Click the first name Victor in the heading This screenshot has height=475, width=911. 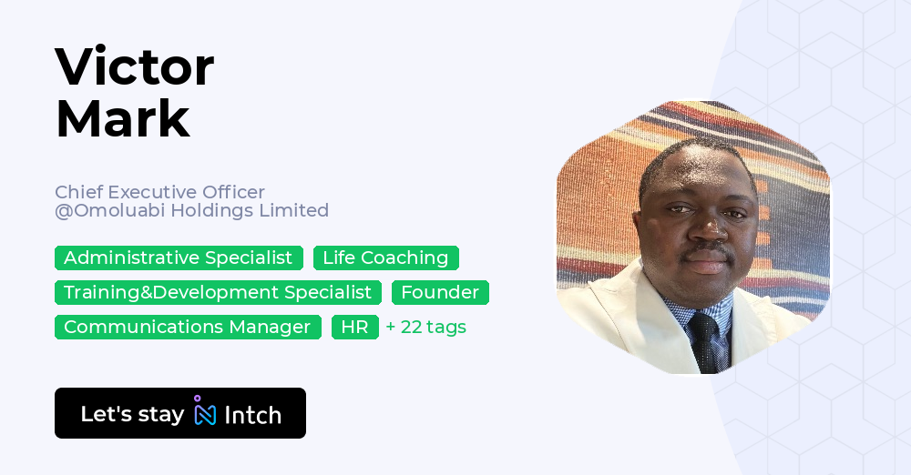(135, 67)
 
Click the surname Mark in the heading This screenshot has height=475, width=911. (123, 118)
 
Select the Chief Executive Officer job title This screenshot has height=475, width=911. (159, 192)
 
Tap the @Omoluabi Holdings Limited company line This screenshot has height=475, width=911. (191, 210)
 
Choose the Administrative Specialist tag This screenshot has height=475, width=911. (179, 258)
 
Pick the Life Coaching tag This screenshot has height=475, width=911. (385, 258)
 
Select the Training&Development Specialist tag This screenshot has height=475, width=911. (218, 292)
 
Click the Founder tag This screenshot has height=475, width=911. (440, 292)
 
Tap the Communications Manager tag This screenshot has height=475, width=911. (188, 327)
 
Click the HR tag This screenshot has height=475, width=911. (354, 327)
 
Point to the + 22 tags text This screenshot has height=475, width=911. (425, 327)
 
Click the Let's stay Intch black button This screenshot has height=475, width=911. (180, 413)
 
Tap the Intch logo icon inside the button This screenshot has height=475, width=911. (205, 412)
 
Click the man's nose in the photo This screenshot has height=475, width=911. (702, 227)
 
